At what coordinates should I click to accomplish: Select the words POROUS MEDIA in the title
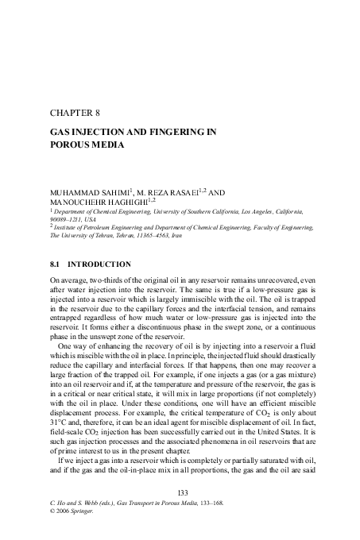pyautogui.click(x=87, y=146)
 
